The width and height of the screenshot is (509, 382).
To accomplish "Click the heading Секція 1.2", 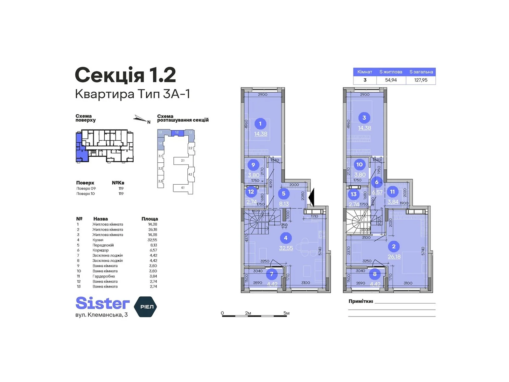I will pyautogui.click(x=125, y=75).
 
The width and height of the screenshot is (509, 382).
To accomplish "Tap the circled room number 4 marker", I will pyautogui.click(x=285, y=238).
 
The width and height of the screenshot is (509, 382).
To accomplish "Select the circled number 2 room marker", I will pyautogui.click(x=394, y=246).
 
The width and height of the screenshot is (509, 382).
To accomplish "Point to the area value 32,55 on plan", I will pyautogui.click(x=286, y=248).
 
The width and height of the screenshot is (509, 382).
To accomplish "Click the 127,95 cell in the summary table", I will pyautogui.click(x=421, y=80).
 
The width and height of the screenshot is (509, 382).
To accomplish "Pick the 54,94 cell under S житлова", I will pyautogui.click(x=391, y=80).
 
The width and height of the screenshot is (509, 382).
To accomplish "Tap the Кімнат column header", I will pyautogui.click(x=365, y=72).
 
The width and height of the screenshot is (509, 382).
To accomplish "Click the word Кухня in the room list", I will pyautogui.click(x=98, y=240).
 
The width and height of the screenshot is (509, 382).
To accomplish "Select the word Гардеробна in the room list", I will pyautogui.click(x=104, y=276).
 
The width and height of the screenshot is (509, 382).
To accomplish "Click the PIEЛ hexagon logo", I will pyautogui.click(x=146, y=307).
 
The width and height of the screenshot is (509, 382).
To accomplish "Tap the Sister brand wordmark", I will pyautogui.click(x=102, y=303).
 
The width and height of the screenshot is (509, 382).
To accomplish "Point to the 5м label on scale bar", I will pyautogui.click(x=286, y=313).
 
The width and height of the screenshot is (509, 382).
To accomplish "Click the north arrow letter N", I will pyautogui.click(x=149, y=122).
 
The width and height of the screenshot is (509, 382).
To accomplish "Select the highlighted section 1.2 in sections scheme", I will pyautogui.click(x=177, y=132).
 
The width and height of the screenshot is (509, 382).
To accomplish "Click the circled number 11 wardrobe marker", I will pyautogui.click(x=392, y=192).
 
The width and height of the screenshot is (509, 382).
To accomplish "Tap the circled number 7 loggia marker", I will pyautogui.click(x=271, y=274).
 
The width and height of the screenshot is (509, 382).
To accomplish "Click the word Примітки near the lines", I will pyautogui.click(x=360, y=301).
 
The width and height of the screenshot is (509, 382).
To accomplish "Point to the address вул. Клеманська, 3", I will pyautogui.click(x=101, y=315).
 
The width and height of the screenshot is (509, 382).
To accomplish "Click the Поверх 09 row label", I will pyautogui.click(x=86, y=188).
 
